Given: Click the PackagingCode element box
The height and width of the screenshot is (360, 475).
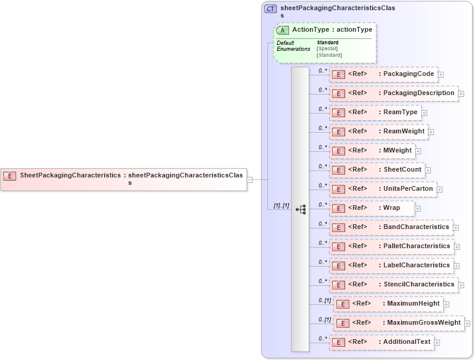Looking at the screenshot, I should point(383,74).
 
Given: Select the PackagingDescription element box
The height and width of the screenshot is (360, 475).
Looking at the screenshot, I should point(393,93).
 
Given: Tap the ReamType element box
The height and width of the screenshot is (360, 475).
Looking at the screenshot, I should point(374,112).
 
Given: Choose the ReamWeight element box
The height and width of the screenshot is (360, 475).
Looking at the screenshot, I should point(378,132).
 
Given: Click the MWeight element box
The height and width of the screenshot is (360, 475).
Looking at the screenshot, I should point(372,151).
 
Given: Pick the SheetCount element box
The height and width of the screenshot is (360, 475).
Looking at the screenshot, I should point(377,170).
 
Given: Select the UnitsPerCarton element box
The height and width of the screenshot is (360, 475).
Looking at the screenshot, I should point(382,189).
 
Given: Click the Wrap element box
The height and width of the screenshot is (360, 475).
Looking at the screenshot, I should point(372,208).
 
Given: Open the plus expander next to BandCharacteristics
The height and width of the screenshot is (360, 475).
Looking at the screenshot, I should point(456,227).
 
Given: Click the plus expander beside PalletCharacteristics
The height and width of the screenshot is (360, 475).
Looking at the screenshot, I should point(457,246).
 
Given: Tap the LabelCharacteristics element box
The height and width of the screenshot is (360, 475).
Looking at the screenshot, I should point(391,266).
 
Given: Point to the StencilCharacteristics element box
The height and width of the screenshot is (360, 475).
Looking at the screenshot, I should point(394,285).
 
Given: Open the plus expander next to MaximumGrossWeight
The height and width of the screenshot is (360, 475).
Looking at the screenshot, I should point(467,324).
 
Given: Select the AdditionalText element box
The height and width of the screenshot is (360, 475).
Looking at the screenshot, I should point(381,342).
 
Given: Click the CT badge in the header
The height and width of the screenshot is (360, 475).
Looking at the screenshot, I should point(270,9).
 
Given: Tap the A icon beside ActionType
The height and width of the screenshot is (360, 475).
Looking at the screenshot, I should point(282,30).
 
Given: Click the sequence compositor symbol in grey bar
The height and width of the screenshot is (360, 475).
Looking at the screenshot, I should point(300,209).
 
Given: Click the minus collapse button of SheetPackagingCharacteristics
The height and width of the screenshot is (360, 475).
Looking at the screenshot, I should point(250,179).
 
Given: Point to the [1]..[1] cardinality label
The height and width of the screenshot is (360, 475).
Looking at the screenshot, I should point(281,206).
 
